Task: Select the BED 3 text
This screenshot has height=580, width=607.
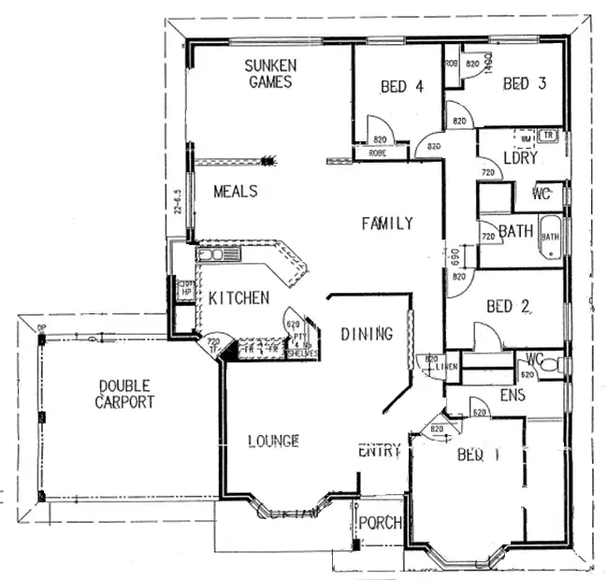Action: click(524, 84)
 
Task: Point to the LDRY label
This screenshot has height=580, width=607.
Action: click(520, 158)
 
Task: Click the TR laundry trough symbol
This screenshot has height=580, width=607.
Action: click(549, 137)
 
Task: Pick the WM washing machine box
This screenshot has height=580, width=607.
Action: click(526, 138)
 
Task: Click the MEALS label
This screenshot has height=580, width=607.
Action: click(235, 191)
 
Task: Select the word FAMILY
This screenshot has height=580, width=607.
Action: click(387, 223)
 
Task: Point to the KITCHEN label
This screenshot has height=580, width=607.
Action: click(238, 297)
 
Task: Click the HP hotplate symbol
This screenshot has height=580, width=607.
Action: click(185, 289)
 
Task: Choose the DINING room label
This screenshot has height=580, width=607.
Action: click(366, 333)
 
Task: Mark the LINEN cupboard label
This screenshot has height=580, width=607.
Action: click(444, 366)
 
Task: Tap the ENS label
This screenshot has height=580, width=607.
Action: click(513, 396)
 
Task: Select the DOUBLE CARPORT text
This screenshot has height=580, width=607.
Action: click(124, 394)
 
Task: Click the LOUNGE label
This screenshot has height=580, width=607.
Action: click(273, 440)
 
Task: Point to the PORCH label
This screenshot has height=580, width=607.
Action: click(381, 522)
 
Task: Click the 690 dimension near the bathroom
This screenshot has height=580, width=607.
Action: click(454, 256)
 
